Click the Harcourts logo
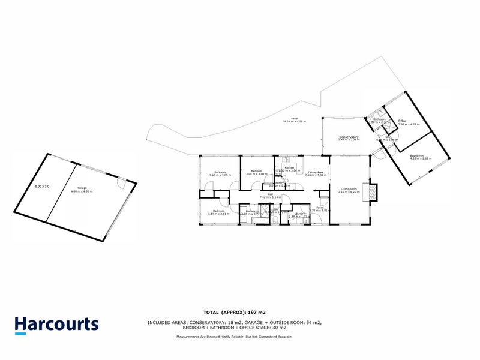(56, 325)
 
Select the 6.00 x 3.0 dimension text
(41, 187)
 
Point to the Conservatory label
(349, 137)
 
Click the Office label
(402, 121)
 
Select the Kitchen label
(290, 167)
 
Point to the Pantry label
(280, 183)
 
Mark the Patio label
(295, 119)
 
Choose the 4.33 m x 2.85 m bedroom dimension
(421, 159)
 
